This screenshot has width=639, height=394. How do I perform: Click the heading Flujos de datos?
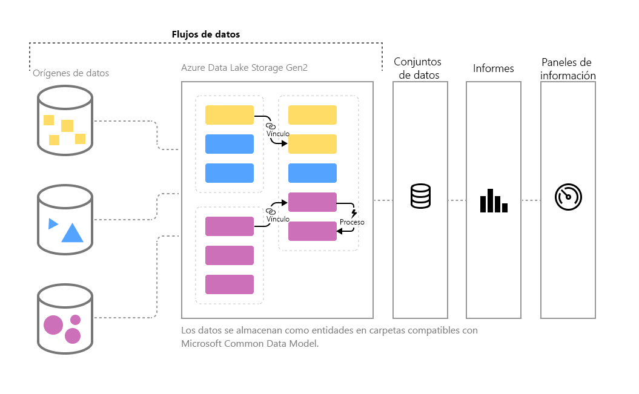point(206,34)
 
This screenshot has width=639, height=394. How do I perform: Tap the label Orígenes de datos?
point(71,73)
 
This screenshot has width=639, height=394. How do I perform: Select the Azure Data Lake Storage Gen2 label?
point(244,68)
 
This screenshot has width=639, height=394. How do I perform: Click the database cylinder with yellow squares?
point(65,120)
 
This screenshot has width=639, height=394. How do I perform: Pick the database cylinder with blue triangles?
point(65,218)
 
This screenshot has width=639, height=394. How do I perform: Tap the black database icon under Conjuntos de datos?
point(420,195)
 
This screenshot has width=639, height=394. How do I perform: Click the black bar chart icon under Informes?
point(494,200)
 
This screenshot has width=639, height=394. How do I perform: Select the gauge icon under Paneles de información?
point(568,198)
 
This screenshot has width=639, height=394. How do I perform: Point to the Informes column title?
point(494,68)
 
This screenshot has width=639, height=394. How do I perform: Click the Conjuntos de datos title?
point(418,68)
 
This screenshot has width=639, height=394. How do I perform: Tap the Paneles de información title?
point(568,69)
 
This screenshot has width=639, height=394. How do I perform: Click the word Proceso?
point(352,222)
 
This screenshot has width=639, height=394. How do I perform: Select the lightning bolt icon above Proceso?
point(354,213)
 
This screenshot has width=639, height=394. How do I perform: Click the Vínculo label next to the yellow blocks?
point(277,133)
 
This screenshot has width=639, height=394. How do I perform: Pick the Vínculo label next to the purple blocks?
point(277,219)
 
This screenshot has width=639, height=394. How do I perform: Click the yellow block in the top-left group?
point(230,115)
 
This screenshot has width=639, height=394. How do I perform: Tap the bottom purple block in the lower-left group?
point(230,284)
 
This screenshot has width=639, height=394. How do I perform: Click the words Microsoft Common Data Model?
point(249,343)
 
